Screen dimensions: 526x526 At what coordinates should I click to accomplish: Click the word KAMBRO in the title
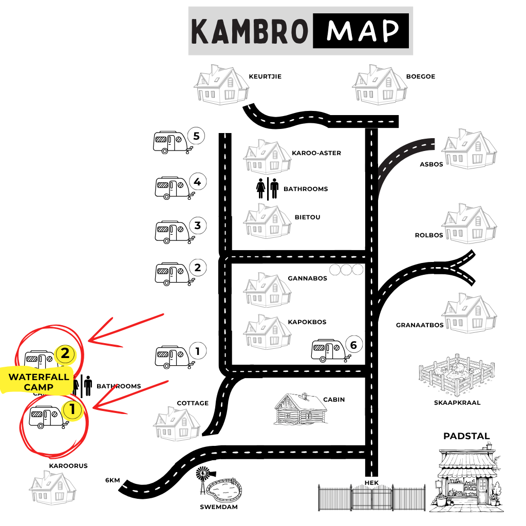[250, 31]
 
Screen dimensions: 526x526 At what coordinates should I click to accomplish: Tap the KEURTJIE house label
[265, 77]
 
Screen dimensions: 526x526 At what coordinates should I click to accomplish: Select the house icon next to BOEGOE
[380, 85]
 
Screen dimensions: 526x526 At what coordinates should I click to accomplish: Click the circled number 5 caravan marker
[196, 136]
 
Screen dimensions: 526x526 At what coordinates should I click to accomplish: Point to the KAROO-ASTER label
[316, 153]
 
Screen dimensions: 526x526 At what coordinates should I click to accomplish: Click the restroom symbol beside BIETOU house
[267, 189]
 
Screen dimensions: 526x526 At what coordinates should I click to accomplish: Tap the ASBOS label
[431, 164]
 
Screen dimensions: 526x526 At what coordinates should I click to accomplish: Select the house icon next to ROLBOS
[469, 223]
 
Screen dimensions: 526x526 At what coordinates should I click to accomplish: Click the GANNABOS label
[307, 278]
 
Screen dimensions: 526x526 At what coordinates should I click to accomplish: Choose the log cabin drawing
[300, 409]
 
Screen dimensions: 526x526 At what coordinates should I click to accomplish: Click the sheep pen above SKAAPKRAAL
[457, 374]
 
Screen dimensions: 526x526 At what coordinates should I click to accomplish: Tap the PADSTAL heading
[466, 436]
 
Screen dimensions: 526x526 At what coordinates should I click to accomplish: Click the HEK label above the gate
[372, 483]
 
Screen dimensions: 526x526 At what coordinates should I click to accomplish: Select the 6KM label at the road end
[112, 480]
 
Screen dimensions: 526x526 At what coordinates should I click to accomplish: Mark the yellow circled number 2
[65, 353]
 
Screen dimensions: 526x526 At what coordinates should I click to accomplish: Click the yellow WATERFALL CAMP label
[38, 382]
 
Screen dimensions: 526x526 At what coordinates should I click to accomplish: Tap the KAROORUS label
[68, 466]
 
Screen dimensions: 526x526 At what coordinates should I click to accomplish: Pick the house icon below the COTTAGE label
[177, 424]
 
